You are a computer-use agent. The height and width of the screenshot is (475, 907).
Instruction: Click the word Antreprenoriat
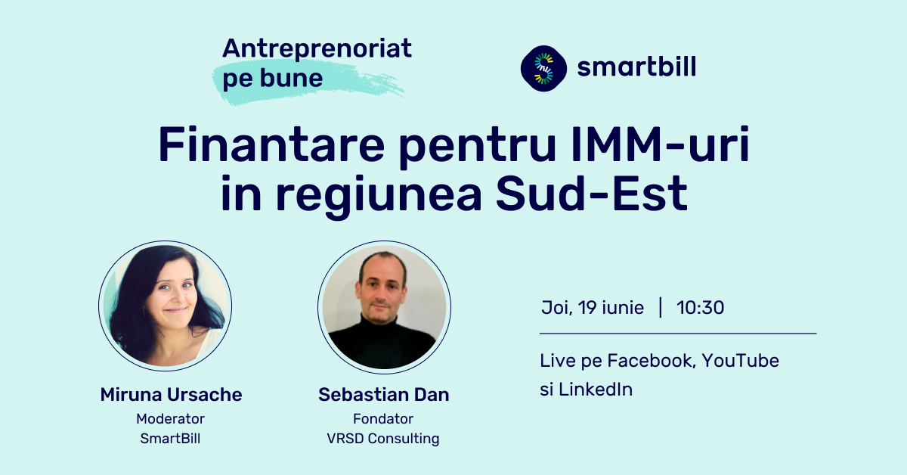[x=317, y=49]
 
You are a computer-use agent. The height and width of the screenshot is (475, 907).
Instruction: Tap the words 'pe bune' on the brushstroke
[x=273, y=78]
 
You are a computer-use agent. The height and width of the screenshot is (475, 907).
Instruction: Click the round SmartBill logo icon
[x=543, y=68]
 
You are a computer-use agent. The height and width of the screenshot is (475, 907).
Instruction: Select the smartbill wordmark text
[x=636, y=67]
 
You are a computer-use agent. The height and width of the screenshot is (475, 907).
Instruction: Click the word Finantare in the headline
[x=271, y=144]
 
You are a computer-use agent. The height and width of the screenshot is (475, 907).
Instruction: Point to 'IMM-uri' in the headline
[x=660, y=144]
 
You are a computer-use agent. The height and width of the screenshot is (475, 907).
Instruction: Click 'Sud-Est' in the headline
[x=592, y=194]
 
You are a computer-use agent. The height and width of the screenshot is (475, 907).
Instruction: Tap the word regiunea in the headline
[x=379, y=197]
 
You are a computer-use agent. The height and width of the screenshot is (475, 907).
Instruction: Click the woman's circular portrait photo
[x=166, y=306]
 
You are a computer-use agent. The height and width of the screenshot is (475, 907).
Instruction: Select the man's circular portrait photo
[x=384, y=307]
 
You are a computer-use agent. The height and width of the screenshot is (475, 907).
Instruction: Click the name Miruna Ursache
[x=171, y=394]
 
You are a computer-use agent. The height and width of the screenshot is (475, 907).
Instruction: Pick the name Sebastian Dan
[x=384, y=394]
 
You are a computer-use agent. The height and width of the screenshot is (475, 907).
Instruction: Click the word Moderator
[x=171, y=419]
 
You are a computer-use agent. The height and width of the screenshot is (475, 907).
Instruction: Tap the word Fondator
[x=383, y=419]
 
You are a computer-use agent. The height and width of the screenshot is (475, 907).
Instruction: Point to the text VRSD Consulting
[x=383, y=439]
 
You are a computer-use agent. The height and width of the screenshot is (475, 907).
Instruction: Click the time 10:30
[x=700, y=308]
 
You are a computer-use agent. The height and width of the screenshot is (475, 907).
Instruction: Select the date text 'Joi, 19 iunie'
[x=593, y=308]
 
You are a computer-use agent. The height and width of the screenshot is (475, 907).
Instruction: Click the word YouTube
[x=740, y=361]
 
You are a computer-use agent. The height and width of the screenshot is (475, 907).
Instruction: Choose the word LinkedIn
[x=596, y=390]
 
